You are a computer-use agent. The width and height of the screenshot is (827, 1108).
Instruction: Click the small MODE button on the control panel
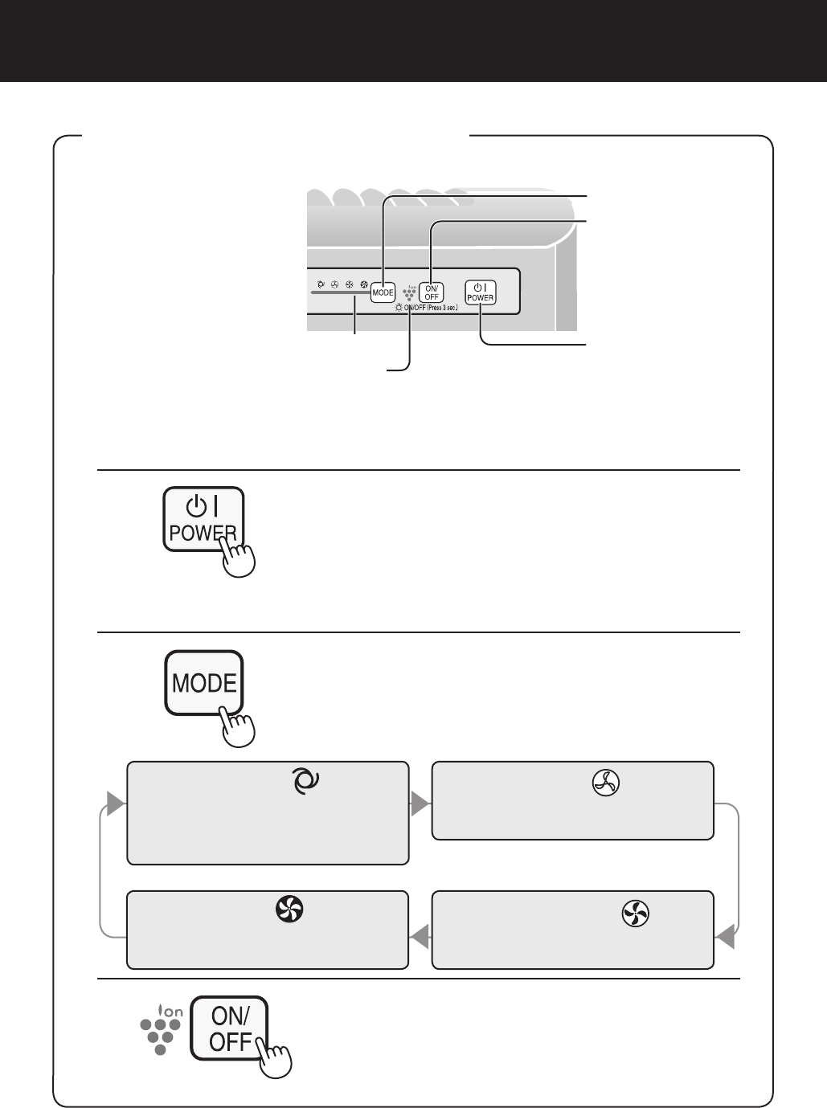click(383, 292)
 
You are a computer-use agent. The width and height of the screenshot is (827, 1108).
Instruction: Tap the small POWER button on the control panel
click(481, 292)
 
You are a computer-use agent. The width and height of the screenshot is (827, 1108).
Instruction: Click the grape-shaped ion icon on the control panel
click(410, 292)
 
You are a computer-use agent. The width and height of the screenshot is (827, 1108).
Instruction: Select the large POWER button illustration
click(203, 518)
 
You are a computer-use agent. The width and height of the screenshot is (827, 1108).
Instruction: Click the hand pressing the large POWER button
click(239, 557)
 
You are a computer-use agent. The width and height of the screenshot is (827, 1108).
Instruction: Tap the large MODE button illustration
click(204, 682)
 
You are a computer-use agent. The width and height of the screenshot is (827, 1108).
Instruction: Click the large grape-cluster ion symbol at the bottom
click(161, 1030)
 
